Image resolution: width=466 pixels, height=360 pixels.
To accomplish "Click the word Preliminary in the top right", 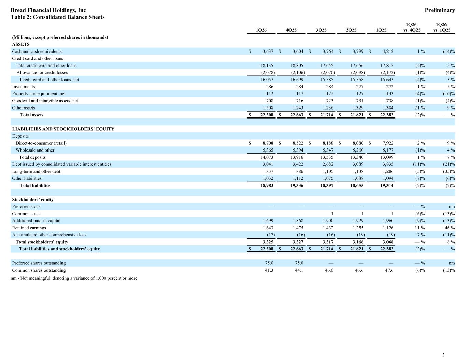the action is click(x=440, y=10).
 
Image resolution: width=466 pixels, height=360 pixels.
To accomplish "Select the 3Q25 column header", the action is click(x=321, y=30).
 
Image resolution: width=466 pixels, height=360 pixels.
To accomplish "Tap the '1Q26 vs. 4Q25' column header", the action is click(x=411, y=27).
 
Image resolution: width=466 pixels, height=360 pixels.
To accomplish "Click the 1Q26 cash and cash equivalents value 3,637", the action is click(x=268, y=51).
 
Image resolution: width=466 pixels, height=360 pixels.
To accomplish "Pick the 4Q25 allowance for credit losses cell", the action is click(x=298, y=72).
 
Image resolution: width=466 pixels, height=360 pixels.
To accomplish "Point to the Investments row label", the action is click(x=23, y=87).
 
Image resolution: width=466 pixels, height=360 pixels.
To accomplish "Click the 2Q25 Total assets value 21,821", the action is click(x=357, y=115).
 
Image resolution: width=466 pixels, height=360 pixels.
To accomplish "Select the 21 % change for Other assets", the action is click(x=420, y=108).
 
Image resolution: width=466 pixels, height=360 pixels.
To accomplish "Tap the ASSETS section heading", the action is click(x=21, y=44).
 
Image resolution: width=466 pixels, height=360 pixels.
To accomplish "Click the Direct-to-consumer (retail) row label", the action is click(x=41, y=143).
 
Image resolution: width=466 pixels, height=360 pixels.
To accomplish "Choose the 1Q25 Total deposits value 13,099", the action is click(x=387, y=157).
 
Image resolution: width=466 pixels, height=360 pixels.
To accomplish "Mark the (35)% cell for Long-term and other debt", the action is click(x=449, y=171).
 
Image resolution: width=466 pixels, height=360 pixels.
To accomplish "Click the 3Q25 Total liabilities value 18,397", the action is click(x=327, y=185).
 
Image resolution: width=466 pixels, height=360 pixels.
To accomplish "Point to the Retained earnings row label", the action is click(x=29, y=228).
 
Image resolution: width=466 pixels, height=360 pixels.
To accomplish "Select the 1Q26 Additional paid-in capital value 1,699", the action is click(x=268, y=221).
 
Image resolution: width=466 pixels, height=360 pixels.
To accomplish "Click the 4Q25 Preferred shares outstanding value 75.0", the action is click(x=299, y=263).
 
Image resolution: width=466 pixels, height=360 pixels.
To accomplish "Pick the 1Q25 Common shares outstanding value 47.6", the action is click(x=389, y=270).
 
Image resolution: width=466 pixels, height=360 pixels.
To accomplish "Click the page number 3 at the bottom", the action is click(x=443, y=355).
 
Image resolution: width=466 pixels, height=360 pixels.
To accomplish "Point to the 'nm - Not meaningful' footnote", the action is click(x=74, y=278).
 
